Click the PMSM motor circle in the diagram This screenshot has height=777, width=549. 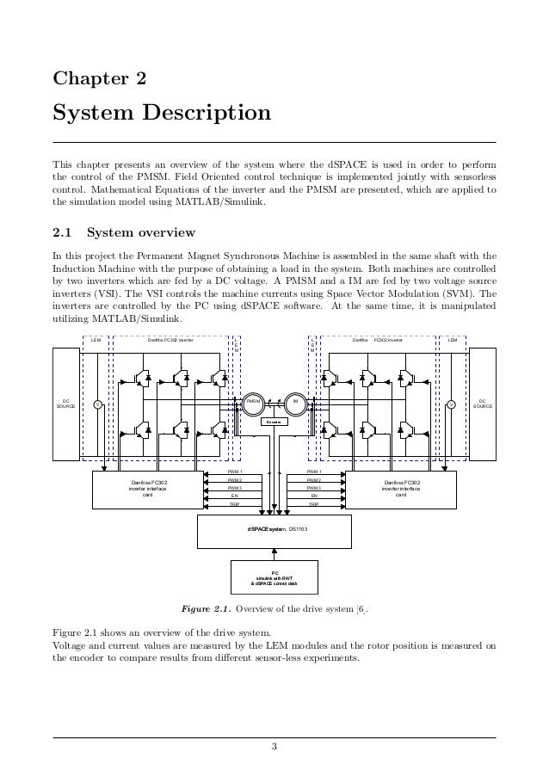[x=253, y=402]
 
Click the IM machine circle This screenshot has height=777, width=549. [x=295, y=402]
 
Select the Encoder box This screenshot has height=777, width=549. [x=274, y=422]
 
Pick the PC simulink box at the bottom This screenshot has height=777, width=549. [x=274, y=576]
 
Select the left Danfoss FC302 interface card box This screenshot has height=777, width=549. [x=148, y=489]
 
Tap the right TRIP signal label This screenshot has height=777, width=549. [x=313, y=506]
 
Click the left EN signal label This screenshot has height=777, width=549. [x=235, y=497]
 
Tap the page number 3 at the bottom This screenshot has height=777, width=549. [x=274, y=745]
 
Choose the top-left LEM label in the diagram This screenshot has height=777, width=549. [x=96, y=341]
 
